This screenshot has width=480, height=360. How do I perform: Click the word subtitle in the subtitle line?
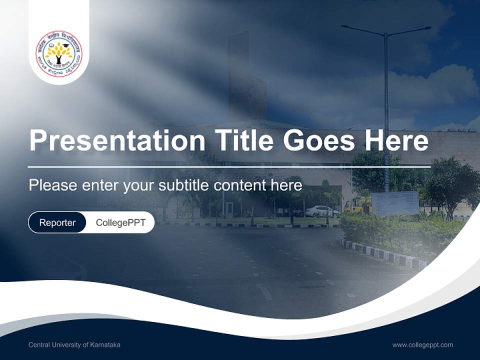184,185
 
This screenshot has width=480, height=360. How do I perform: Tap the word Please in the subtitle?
51,185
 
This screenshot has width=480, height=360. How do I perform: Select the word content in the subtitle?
238,185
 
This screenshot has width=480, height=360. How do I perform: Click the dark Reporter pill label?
57,222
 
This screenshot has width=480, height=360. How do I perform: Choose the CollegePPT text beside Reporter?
120,222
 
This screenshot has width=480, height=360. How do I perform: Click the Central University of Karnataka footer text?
74,345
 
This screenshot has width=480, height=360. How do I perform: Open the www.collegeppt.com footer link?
422,345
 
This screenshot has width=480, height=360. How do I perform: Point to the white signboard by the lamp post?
395,203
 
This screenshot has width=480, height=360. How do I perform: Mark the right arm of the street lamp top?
410,30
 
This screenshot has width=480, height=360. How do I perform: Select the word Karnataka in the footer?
106,345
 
